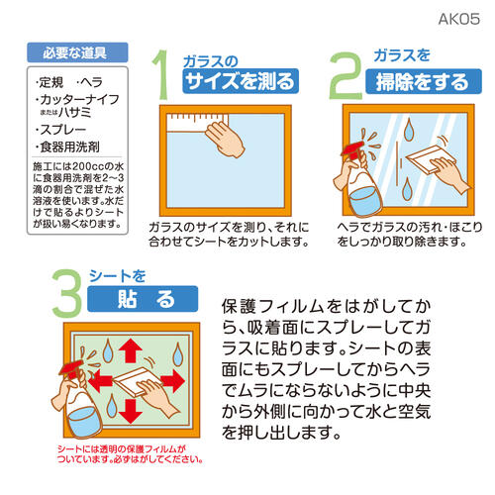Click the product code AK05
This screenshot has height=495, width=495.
click(x=459, y=19)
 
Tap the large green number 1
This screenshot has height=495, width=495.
click(x=160, y=74)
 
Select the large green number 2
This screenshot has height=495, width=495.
click(x=346, y=75)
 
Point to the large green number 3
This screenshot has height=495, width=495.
click(x=67, y=293)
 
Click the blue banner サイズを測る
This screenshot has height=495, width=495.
click(x=241, y=81)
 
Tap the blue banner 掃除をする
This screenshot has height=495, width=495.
click(x=424, y=81)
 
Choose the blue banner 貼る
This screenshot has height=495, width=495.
click(x=143, y=299)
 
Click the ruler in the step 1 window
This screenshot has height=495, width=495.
click(x=195, y=123)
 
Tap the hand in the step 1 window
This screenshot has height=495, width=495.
click(x=226, y=140)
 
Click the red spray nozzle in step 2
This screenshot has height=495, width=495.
click(x=353, y=149)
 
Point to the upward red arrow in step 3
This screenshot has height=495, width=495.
click(x=131, y=350)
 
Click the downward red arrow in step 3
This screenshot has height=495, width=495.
click(x=131, y=412)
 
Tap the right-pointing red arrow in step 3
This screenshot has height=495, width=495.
click(x=172, y=381)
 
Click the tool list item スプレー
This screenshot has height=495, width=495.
click(x=62, y=130)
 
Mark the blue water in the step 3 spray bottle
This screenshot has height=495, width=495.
click(x=81, y=423)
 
